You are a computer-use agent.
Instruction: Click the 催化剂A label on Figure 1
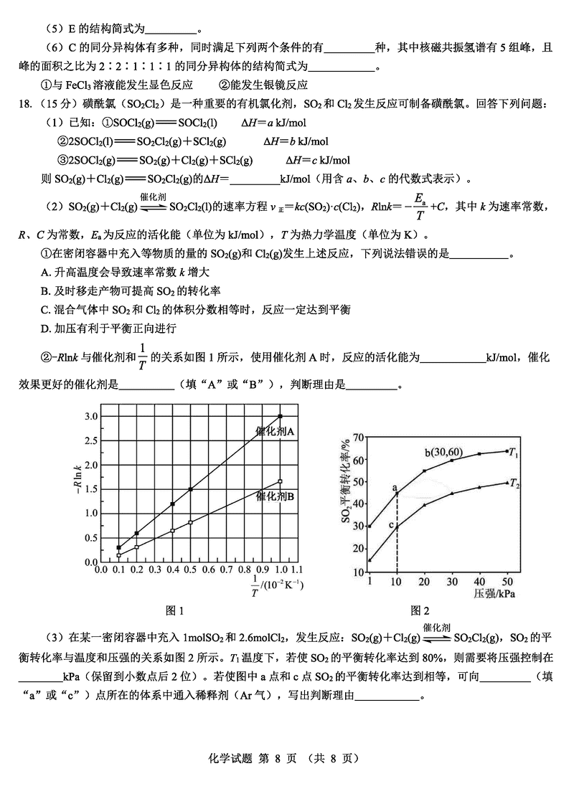pyautogui.click(x=276, y=431)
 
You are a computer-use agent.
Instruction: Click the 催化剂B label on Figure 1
pyautogui.click(x=276, y=496)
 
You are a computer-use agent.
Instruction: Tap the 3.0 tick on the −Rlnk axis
pyautogui.click(x=90, y=416)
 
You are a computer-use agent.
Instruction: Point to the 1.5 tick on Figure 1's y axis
pyautogui.click(x=90, y=489)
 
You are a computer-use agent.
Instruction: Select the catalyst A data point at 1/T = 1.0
pyautogui.click(x=280, y=416)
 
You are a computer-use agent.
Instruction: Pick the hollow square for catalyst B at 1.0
pyautogui.click(x=280, y=481)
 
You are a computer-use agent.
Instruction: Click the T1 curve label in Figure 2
pyautogui.click(x=514, y=453)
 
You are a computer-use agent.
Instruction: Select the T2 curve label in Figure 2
pyautogui.click(x=514, y=485)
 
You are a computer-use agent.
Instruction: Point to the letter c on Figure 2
pyautogui.click(x=391, y=526)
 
